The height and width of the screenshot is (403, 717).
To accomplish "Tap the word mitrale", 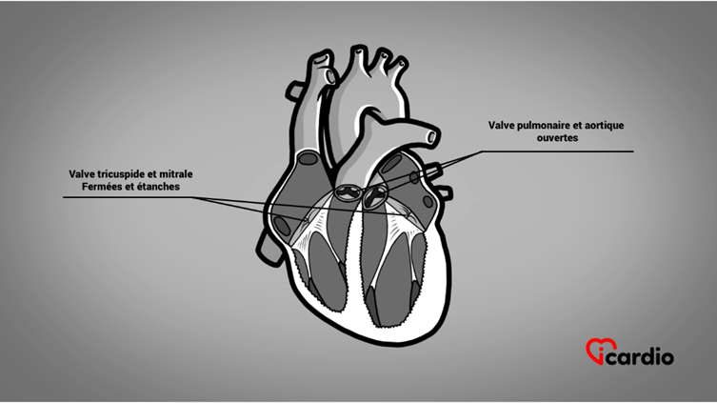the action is pyautogui.click(x=176, y=174).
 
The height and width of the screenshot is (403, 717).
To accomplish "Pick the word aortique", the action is pyautogui.click(x=605, y=126).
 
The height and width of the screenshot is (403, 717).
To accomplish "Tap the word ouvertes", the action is pyautogui.click(x=557, y=138).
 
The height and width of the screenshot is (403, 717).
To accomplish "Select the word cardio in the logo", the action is pyautogui.click(x=642, y=357).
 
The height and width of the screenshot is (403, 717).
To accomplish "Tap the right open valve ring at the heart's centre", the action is pyautogui.click(x=375, y=195).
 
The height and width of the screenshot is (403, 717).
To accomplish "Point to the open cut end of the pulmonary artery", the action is pyautogui.click(x=431, y=136).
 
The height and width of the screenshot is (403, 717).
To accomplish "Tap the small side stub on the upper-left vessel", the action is pyautogui.click(x=292, y=90).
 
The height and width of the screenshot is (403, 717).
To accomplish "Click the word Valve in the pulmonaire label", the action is pyautogui.click(x=501, y=126).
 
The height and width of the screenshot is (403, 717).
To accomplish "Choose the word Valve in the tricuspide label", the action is pyautogui.click(x=82, y=174).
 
